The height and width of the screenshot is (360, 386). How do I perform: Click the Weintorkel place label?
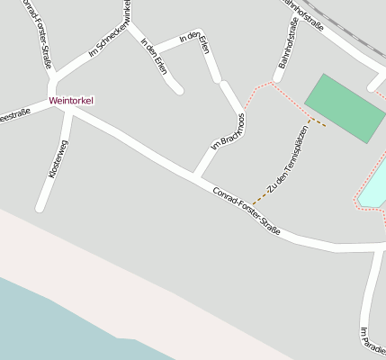[71, 101]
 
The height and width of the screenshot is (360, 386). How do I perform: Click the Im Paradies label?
[371, 343]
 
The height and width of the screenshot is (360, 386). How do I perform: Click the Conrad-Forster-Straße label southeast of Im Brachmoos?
[247, 212]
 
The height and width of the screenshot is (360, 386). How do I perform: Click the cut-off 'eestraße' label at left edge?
[14, 112]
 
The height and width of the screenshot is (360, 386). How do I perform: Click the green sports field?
[346, 108]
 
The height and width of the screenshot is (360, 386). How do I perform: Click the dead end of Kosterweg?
[40, 208]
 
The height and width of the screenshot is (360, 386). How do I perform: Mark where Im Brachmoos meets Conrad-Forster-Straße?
[197, 174]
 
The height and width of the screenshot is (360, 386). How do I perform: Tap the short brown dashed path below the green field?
[316, 121]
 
